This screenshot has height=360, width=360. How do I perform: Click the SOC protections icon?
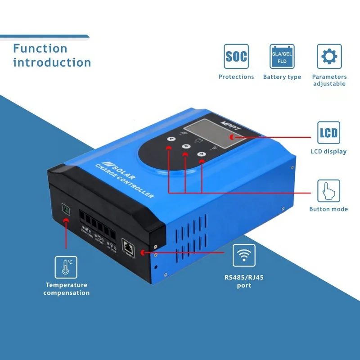236,56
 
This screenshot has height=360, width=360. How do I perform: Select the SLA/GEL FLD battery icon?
282,56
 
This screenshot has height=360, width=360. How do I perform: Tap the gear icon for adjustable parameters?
329,56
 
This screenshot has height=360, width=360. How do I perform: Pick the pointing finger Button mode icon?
328,191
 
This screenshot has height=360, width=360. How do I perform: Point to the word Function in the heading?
40,48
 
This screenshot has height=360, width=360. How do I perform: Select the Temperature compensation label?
67,289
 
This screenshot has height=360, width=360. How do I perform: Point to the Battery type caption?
282,77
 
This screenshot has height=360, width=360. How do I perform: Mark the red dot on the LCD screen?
232,136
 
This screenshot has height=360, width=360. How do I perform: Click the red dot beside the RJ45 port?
144,253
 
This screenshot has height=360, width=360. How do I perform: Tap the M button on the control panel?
186,146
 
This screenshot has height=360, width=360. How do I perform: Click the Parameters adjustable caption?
329,80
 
